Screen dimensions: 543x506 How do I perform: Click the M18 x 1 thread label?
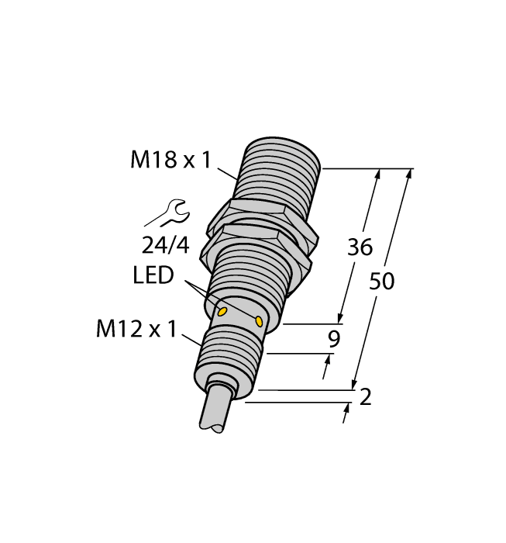pyautogui.click(x=170, y=161)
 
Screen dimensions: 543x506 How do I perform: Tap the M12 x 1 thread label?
pyautogui.click(x=136, y=330)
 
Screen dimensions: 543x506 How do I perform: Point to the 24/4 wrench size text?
pyautogui.click(x=165, y=245)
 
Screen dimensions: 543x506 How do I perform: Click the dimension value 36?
pyautogui.click(x=360, y=247)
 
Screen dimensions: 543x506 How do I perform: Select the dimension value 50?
pyautogui.click(x=381, y=281)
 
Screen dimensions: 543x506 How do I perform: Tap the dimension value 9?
pyautogui.click(x=334, y=338)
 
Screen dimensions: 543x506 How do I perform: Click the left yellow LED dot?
pyautogui.click(x=222, y=312)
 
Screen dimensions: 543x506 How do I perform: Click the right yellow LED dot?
pyautogui.click(x=259, y=320)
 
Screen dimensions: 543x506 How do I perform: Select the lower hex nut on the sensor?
pyautogui.click(x=256, y=248)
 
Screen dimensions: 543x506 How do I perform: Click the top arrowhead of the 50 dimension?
pyautogui.click(x=408, y=174)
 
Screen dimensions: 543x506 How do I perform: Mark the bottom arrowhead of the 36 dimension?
pyautogui.click(x=339, y=318)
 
